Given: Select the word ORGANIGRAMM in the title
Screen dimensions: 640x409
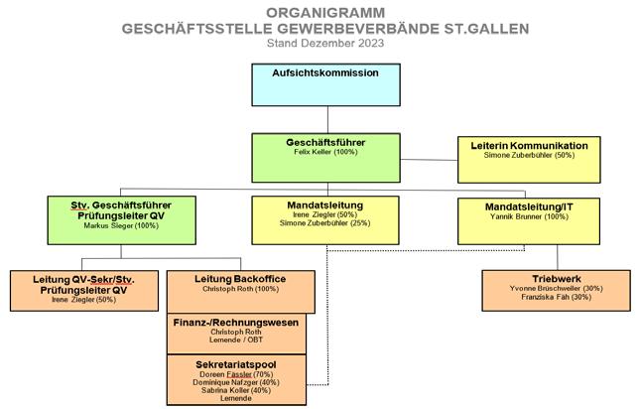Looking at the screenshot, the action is click(x=319, y=13).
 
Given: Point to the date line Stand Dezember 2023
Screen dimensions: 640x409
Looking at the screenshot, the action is click(x=319, y=44).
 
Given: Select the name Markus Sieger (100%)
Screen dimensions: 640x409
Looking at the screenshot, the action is click(x=121, y=226).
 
